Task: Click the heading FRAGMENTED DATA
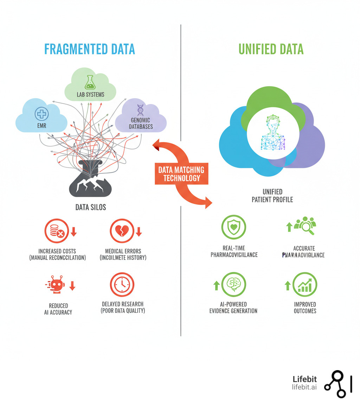(x=90, y=49)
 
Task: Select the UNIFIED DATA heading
(x=271, y=49)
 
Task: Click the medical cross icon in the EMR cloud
(x=41, y=114)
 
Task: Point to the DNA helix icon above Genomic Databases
(x=140, y=110)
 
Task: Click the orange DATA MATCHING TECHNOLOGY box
(x=181, y=174)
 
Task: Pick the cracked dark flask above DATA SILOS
(x=90, y=179)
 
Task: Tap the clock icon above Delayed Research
(x=122, y=284)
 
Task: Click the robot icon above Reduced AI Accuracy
(x=56, y=285)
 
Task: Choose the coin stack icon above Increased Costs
(x=56, y=231)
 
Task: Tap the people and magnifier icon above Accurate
(x=305, y=225)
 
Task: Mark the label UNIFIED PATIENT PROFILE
(x=272, y=196)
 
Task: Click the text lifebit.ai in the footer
(x=304, y=387)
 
